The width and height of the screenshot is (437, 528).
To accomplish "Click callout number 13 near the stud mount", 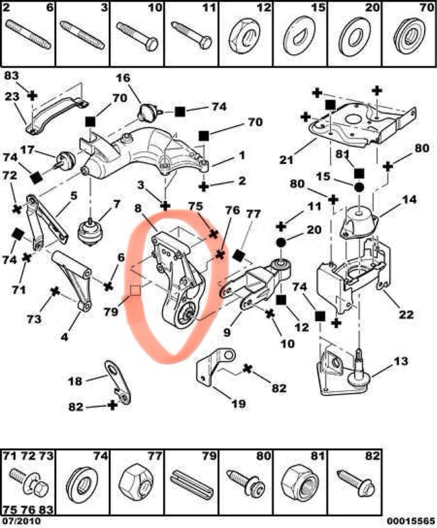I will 401,361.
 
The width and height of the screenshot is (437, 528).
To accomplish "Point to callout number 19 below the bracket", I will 239,404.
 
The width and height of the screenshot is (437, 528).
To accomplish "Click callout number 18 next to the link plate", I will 76,381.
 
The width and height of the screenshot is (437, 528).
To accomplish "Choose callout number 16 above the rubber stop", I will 123,79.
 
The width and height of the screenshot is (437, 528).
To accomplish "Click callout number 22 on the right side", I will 407,314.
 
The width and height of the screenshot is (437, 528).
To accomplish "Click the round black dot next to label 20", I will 280,242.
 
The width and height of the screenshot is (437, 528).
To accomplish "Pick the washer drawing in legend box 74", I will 82,482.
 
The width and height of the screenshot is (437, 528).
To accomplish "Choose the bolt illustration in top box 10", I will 137,36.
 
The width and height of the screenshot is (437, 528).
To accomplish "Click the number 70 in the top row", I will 427,7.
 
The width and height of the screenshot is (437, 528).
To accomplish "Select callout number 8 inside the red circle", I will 138,209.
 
